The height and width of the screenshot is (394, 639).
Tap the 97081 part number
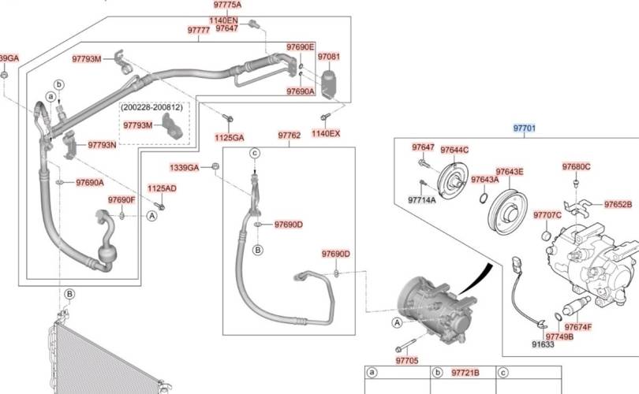(x=329, y=58)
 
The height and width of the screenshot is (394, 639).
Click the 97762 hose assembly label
(x=289, y=135)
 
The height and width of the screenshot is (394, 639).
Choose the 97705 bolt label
(x=407, y=360)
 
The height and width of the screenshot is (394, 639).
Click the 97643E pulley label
(x=510, y=172)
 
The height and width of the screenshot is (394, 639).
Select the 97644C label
(x=454, y=150)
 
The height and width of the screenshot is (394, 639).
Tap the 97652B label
(x=618, y=204)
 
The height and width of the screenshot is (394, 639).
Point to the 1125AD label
(x=163, y=188)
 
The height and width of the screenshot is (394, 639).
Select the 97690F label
(x=122, y=200)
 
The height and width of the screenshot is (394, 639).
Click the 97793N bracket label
(x=102, y=145)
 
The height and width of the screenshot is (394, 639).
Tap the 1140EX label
(x=326, y=133)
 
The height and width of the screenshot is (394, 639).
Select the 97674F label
(x=579, y=327)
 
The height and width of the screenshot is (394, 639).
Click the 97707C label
(x=547, y=215)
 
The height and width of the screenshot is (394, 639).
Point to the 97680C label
(x=577, y=166)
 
